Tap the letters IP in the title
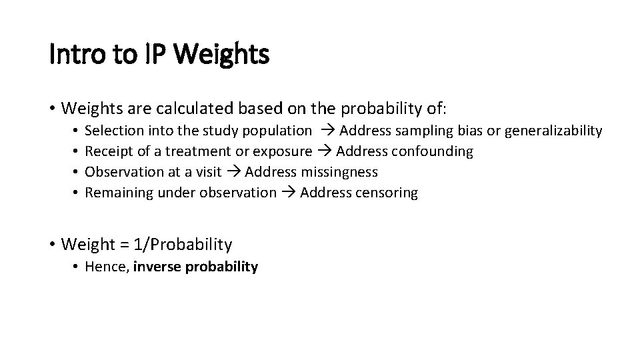click(x=154, y=55)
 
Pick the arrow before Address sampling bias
click(x=327, y=131)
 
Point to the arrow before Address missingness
click(x=233, y=172)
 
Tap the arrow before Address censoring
click(x=288, y=193)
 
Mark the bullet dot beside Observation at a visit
click(x=77, y=172)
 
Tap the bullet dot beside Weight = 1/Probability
click(x=52, y=245)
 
